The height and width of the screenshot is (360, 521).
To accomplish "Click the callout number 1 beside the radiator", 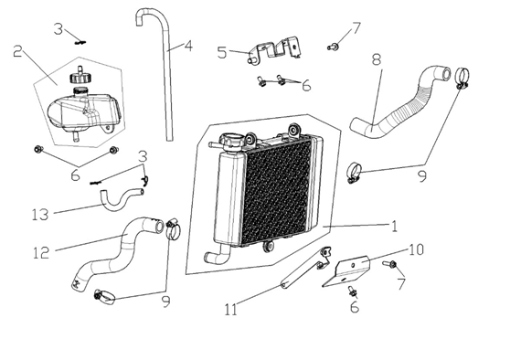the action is tap(394, 227).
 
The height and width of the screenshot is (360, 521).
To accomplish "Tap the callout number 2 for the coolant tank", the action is tap(18, 51).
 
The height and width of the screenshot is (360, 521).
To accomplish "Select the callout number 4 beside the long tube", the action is tap(188, 46).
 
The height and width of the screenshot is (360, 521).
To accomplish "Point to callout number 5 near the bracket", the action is tap(222, 52).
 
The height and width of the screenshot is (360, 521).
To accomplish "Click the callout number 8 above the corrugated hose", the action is tap(377, 59).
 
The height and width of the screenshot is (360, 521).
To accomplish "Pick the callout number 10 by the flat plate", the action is tap(416, 249).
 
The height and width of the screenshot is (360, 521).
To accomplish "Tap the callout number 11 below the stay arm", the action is tap(231, 310).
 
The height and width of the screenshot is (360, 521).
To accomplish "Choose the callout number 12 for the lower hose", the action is tap(41, 253).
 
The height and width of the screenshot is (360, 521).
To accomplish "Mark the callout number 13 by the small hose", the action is tap(40, 215).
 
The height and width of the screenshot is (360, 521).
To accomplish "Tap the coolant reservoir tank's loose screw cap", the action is tap(80, 77).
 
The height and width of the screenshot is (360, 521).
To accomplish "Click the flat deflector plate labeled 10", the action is tap(347, 270).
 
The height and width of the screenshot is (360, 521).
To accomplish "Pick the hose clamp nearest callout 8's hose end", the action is tap(462, 78).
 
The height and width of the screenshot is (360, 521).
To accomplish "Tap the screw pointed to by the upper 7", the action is tap(333, 48).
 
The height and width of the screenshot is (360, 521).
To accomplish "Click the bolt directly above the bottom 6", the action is tap(352, 291).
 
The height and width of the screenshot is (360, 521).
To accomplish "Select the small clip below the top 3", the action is tap(80, 43).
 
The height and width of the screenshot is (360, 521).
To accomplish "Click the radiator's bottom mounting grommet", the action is tap(268, 247).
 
